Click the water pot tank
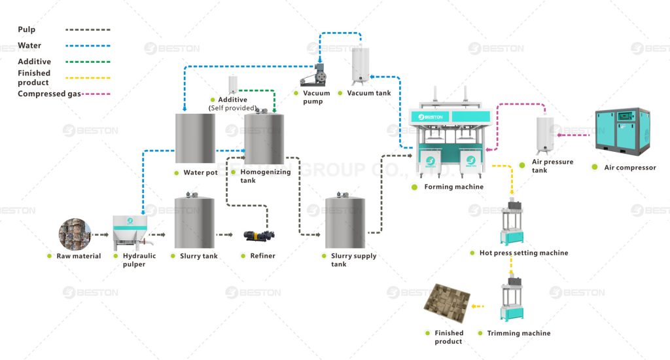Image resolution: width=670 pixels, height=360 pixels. tap(195, 138)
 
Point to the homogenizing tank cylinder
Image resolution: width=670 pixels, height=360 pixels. tap(264, 138)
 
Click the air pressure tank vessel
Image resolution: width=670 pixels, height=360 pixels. tap(546, 135)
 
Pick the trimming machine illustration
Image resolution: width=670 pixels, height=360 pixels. tap(514, 301)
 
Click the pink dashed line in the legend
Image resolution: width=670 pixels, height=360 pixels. tap(96, 94)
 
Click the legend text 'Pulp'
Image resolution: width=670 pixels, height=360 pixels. tap(27, 29)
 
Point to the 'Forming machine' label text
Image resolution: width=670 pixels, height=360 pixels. tap(453, 187)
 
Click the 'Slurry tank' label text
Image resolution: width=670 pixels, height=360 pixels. tap(199, 256)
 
